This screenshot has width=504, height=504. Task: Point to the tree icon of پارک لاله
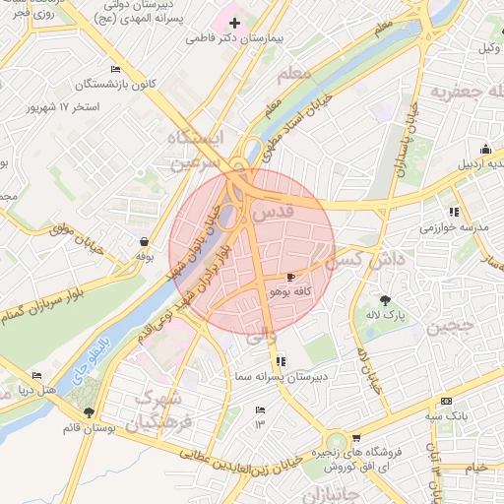(x=385, y=300)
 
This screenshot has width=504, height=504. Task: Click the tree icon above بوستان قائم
(x=90, y=413)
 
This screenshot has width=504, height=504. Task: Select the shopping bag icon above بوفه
(x=145, y=241)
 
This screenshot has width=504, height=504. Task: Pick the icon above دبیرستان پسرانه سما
(x=282, y=361)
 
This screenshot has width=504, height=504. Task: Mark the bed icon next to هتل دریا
(x=37, y=376)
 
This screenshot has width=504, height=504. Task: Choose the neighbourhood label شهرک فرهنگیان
(x=163, y=412)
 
